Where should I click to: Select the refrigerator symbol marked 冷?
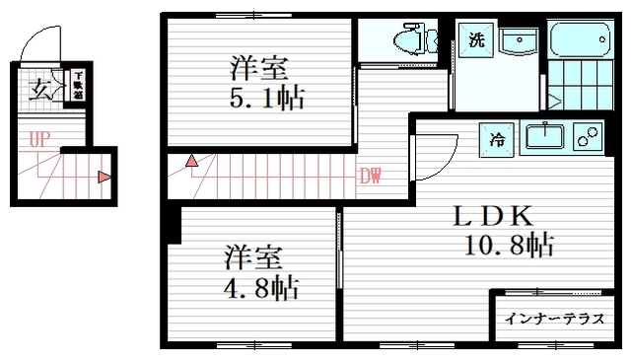pos(497,138)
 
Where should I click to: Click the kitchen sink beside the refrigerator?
pos(543,136)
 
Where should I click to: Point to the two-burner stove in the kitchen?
pos(590,136)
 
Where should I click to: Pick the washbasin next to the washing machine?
pos(517,41)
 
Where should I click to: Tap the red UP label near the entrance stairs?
pos(38,140)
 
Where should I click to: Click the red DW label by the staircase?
pos(370,178)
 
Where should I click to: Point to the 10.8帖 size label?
pos(508,244)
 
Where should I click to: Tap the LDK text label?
pos(493,216)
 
